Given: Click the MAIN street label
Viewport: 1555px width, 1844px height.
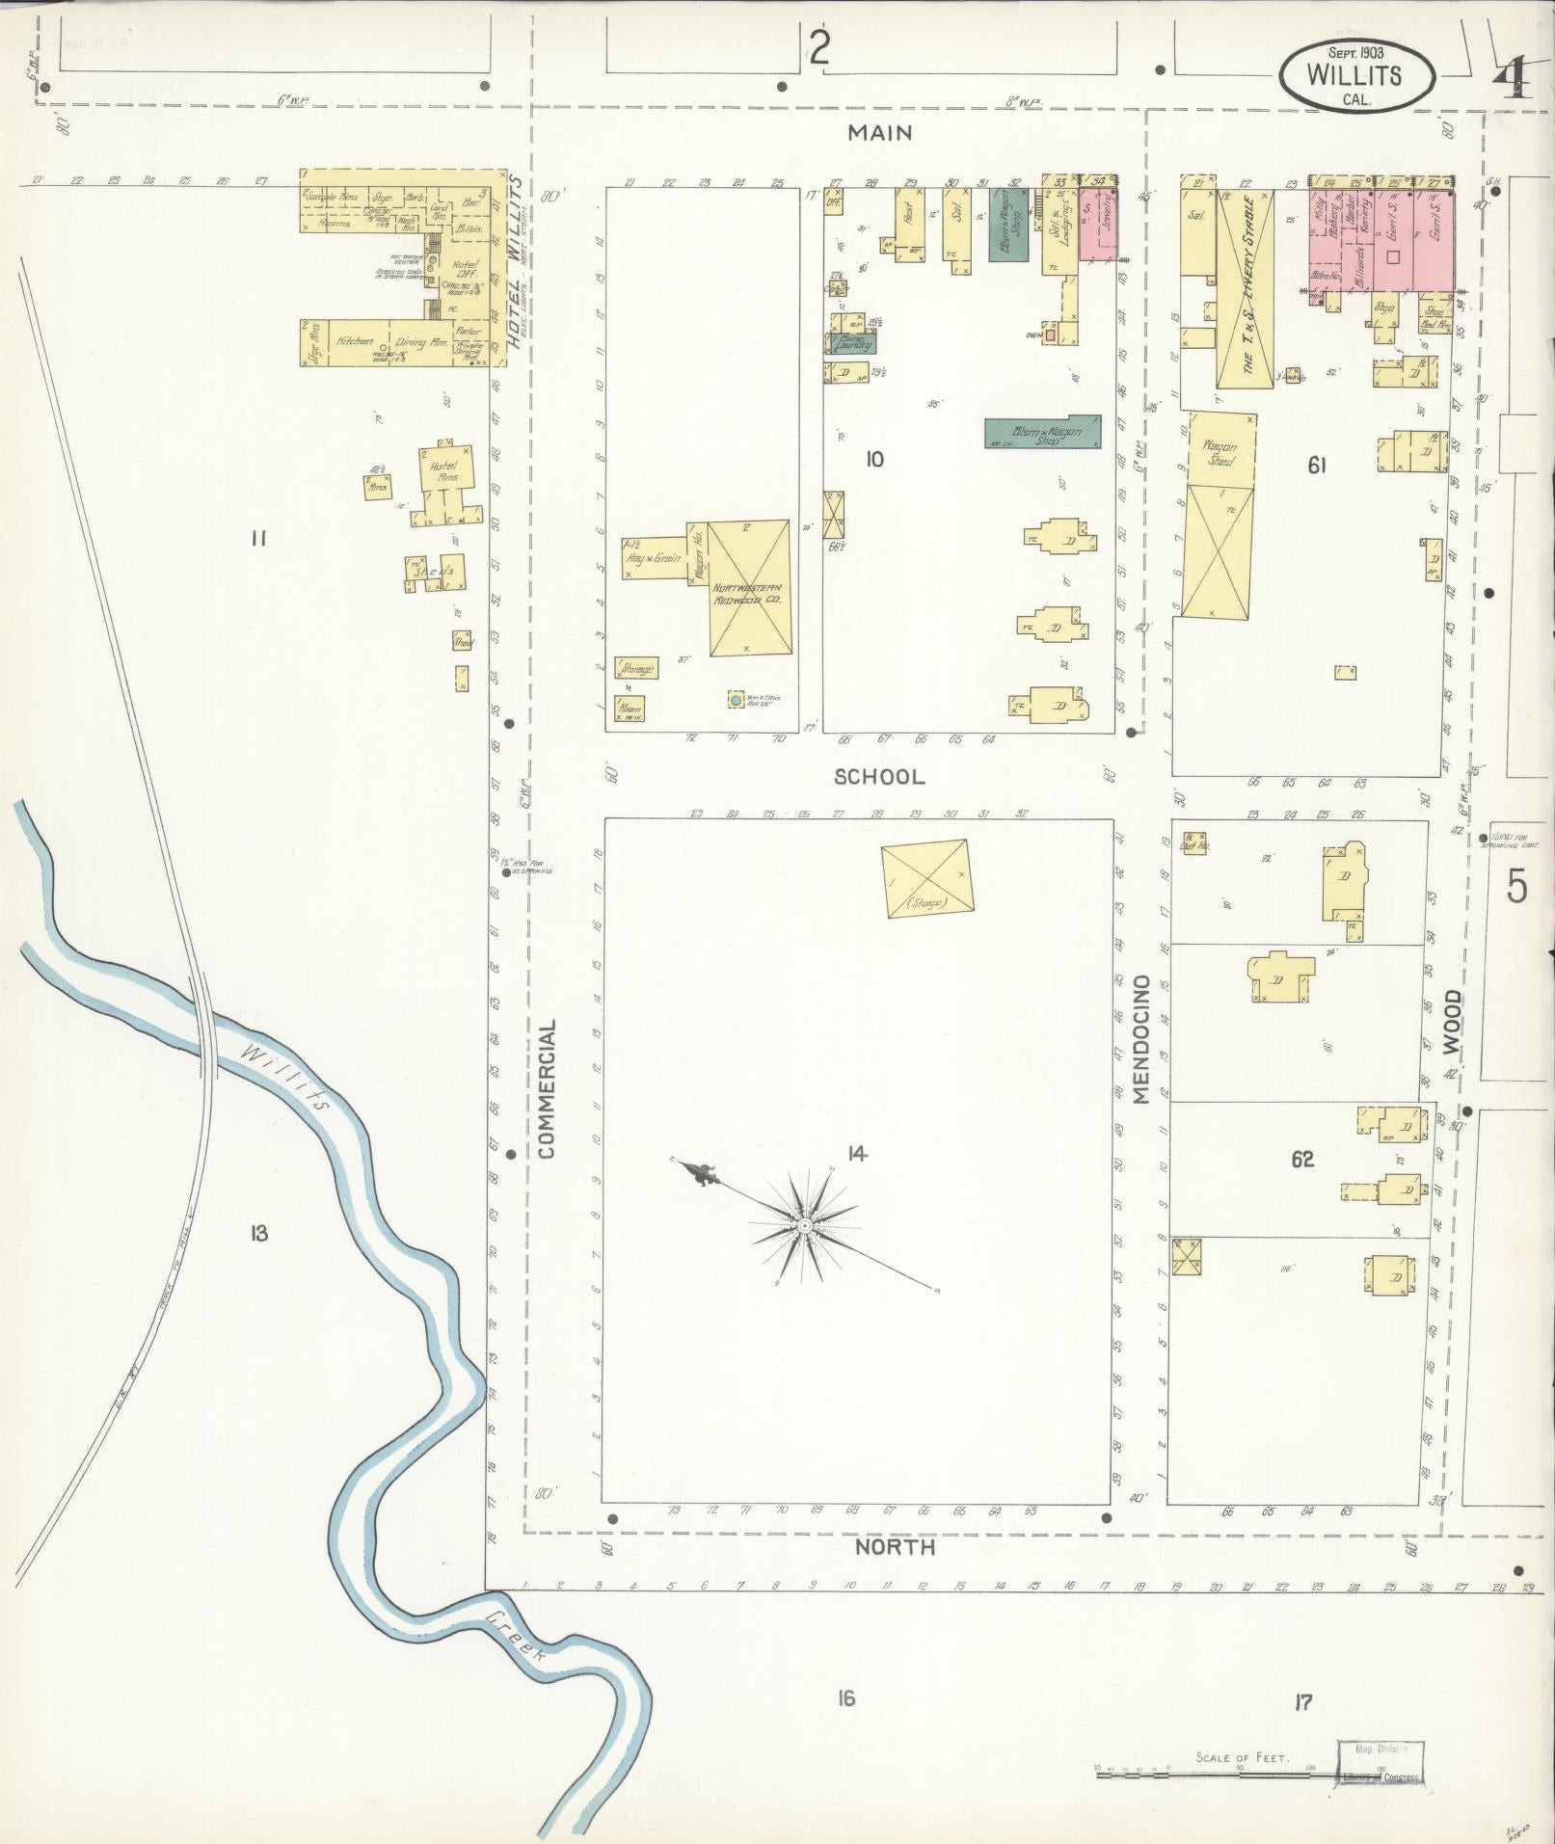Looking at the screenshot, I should (x=879, y=133).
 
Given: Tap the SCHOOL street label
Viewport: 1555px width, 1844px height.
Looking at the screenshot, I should (x=879, y=776).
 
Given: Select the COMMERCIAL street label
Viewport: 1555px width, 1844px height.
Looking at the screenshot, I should (x=549, y=1088).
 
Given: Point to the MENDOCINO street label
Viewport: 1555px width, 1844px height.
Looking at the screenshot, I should (x=1142, y=1039).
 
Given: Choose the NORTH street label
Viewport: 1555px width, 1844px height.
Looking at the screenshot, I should (x=895, y=1547).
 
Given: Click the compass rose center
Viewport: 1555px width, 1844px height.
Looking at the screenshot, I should (x=803, y=1226).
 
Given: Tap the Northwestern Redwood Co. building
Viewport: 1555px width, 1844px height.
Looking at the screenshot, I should (x=749, y=589).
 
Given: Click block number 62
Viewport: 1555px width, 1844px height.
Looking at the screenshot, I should (x=1302, y=1159).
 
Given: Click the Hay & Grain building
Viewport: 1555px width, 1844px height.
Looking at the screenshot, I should (x=654, y=556).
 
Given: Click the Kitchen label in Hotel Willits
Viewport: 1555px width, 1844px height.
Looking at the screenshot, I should (x=354, y=340).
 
